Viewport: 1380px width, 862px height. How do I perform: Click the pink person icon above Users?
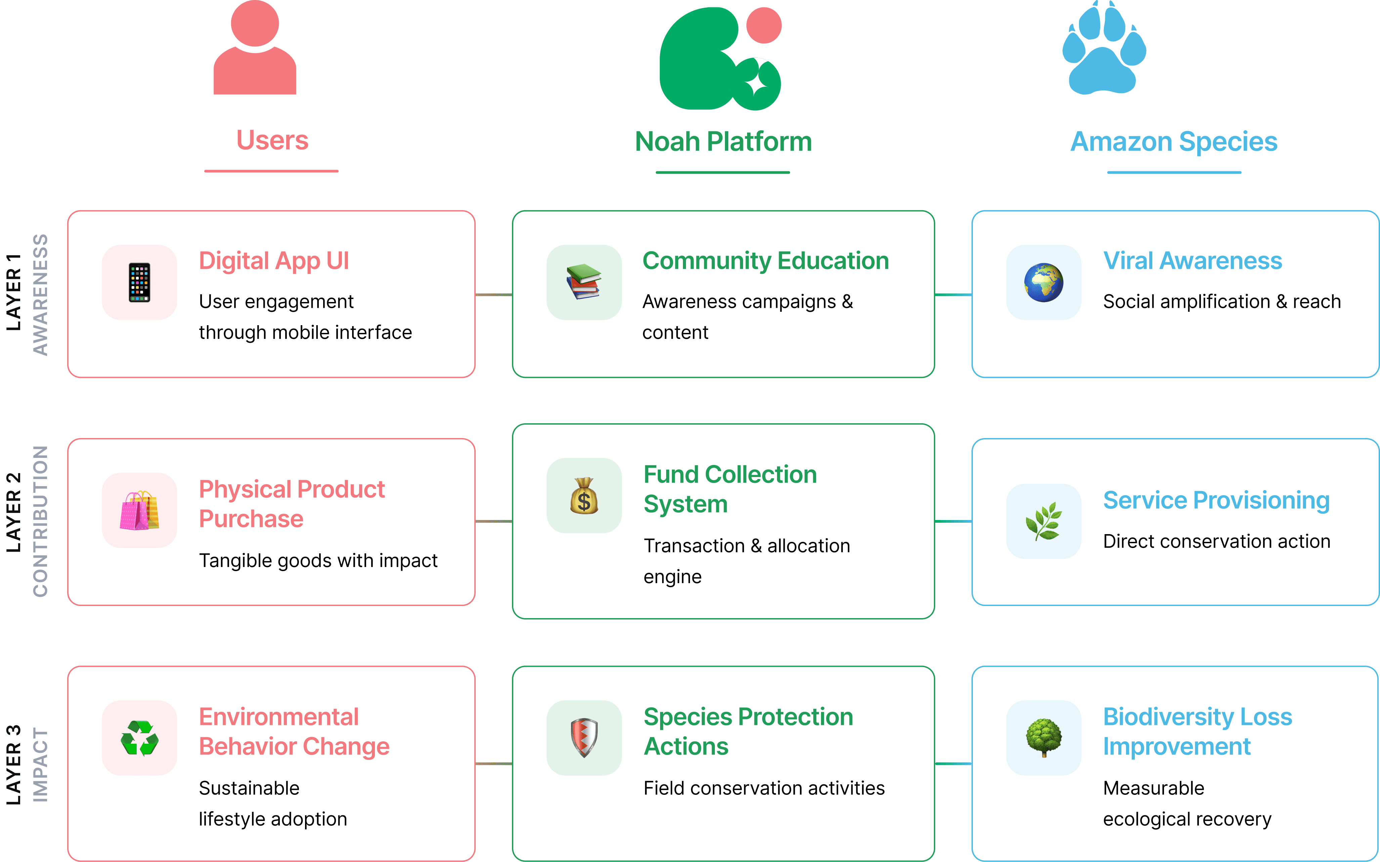pos(255,48)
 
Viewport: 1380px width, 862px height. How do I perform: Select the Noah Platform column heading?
pos(723,141)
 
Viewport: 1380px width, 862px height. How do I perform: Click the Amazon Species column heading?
pos(1174,141)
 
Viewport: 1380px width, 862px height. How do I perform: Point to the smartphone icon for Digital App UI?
pos(139,282)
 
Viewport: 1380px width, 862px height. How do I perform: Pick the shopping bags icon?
pos(139,510)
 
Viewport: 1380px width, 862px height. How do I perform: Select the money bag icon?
pos(584,495)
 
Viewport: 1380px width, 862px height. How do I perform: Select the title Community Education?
pos(765,261)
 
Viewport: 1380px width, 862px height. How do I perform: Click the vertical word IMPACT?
pos(40,765)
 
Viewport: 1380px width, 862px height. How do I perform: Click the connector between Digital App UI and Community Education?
pos(493,295)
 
